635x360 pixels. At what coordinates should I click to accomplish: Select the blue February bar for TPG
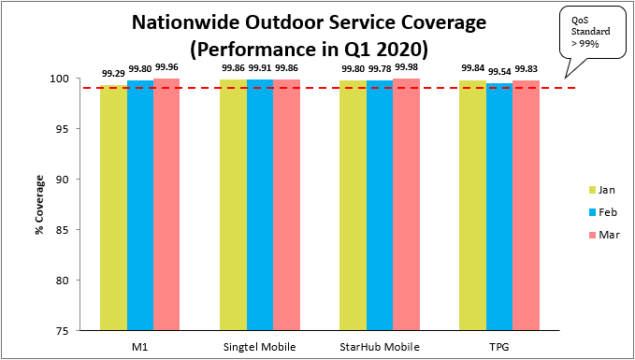tap(498, 207)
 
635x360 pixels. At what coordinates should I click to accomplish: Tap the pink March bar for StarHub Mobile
tap(406, 205)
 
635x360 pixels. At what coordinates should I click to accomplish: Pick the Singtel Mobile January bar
tap(233, 205)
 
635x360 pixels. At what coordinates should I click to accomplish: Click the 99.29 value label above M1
tap(113, 73)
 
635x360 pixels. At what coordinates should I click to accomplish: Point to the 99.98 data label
tap(406, 68)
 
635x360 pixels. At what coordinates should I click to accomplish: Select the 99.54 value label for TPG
tap(498, 71)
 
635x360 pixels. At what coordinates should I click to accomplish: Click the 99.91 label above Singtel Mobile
tap(259, 68)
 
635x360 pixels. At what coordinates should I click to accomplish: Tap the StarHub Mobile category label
tap(379, 347)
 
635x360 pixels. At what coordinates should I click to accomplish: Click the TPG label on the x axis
tap(498, 347)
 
